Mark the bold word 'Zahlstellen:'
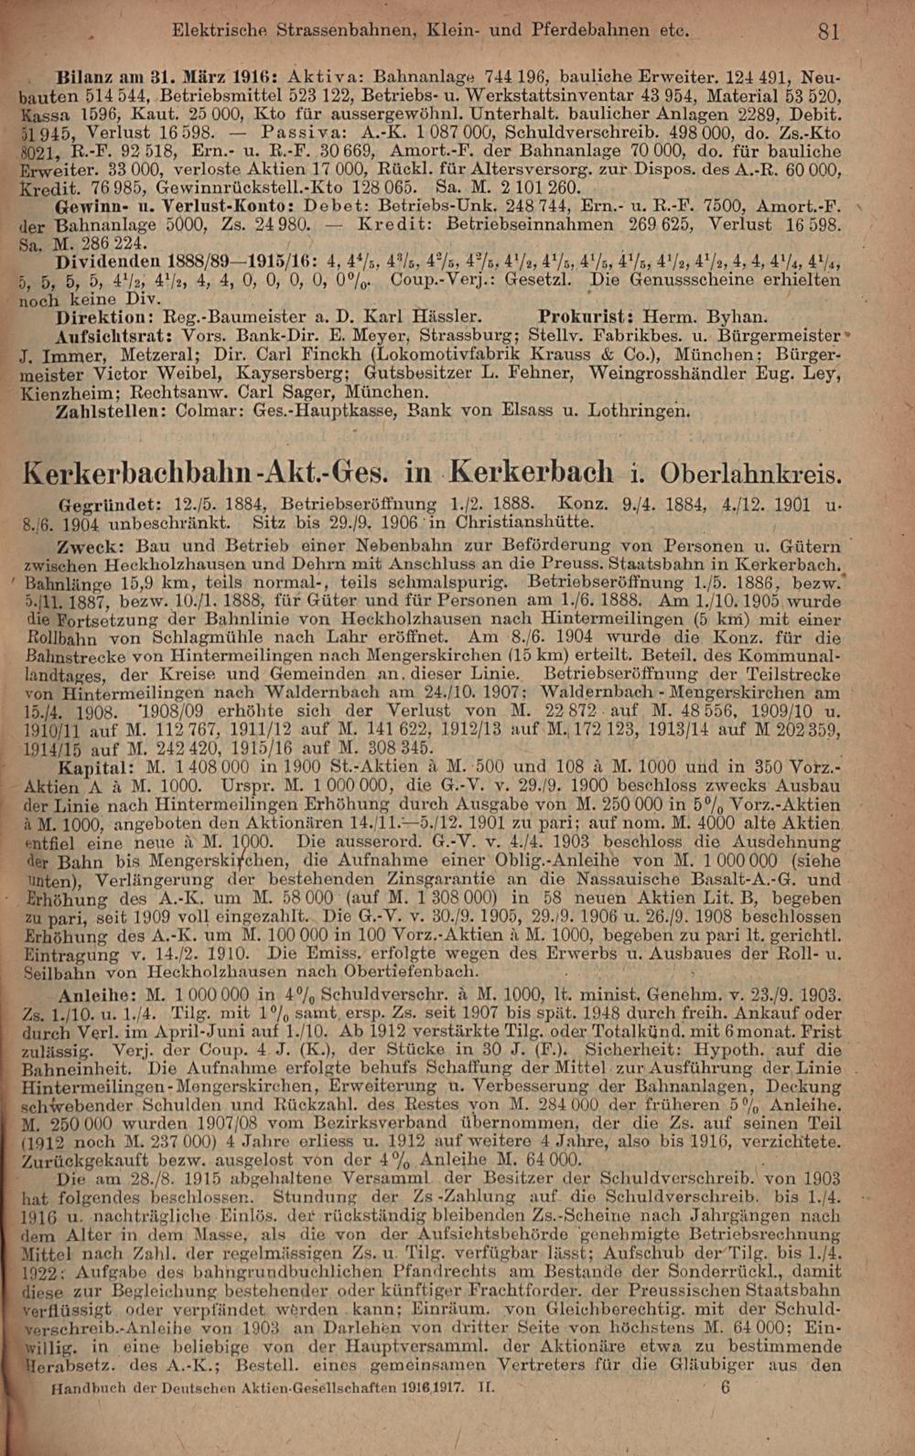pos(109,412)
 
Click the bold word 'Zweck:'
pos(84,545)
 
